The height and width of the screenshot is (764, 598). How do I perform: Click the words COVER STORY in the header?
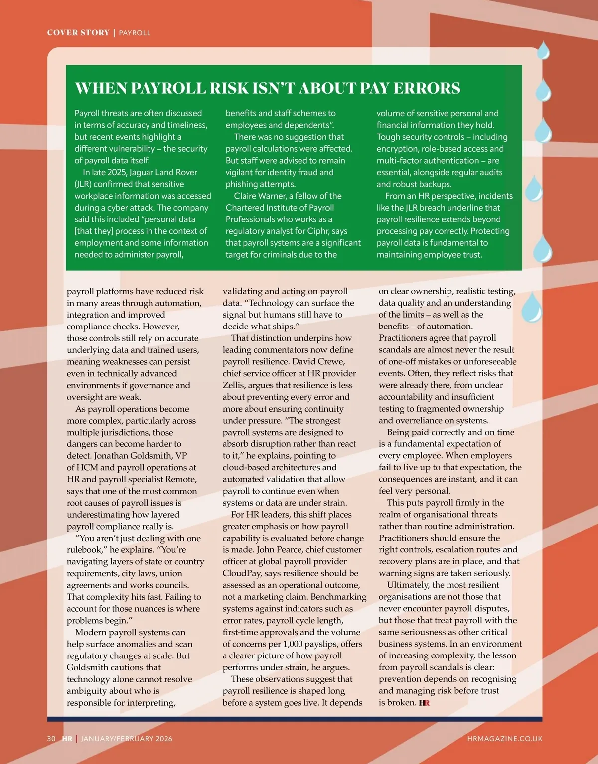(78, 33)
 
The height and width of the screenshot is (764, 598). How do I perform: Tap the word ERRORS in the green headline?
(427, 88)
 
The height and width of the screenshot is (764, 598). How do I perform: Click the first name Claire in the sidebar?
(245, 196)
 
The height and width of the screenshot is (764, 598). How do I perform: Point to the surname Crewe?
(331, 361)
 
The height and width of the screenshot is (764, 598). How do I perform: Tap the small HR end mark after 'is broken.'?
(424, 703)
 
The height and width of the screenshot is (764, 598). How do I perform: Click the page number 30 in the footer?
(51, 738)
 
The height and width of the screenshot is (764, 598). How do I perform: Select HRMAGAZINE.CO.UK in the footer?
(504, 738)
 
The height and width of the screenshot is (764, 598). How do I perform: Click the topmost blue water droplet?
(543, 50)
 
